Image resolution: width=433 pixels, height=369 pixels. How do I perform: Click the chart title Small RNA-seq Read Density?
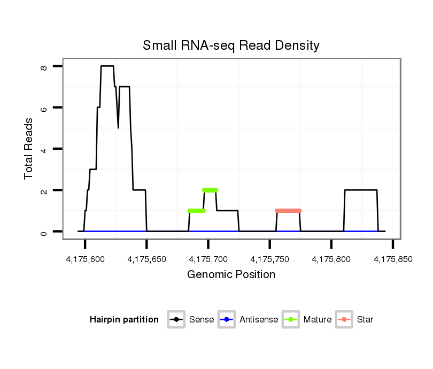pyautogui.click(x=231, y=45)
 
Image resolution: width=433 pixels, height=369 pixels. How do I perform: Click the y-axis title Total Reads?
pyautogui.click(x=29, y=149)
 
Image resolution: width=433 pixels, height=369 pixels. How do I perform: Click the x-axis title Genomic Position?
pyautogui.click(x=231, y=275)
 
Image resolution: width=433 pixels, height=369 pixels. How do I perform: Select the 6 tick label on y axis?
pyautogui.click(x=44, y=107)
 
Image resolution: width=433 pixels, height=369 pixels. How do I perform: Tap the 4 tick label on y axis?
pyautogui.click(x=44, y=149)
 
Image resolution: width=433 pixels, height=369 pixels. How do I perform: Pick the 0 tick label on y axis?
pyautogui.click(x=44, y=232)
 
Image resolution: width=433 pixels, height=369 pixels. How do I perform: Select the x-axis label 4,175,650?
pyautogui.click(x=147, y=259)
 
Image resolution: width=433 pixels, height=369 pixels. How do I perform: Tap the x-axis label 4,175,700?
pyautogui.click(x=208, y=259)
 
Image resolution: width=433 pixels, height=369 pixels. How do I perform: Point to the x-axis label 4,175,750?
pyautogui.click(x=270, y=259)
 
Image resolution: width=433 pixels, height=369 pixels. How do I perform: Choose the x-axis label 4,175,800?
pyautogui.click(x=331, y=259)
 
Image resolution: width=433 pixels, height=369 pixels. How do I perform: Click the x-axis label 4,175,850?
pyautogui.click(x=393, y=259)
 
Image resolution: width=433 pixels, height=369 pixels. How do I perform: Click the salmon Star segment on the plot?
pyautogui.click(x=288, y=211)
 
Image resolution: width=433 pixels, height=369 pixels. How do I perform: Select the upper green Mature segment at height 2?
pyautogui.click(x=210, y=190)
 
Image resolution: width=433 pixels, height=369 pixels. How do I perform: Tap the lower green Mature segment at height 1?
pyautogui.click(x=196, y=211)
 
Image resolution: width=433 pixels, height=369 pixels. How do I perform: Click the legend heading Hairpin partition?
pyautogui.click(x=124, y=320)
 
